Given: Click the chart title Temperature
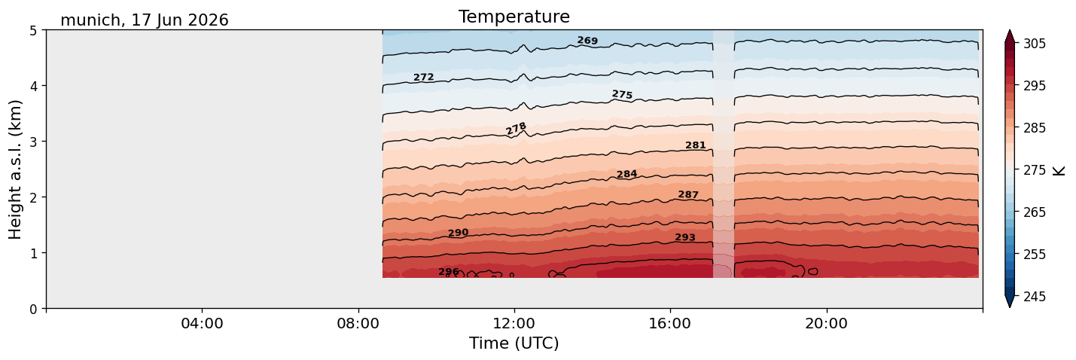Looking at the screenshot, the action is coord(514,17).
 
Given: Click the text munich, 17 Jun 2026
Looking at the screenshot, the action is coord(145,20).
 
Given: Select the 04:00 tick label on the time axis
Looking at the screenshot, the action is coord(203,323).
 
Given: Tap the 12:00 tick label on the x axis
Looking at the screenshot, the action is coord(514,323).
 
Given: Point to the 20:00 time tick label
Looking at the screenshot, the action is coord(826,323).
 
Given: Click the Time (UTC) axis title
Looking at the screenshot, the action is coord(514,343).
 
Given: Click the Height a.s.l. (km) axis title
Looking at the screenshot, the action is coord(15,169).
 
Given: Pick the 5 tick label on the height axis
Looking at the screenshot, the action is coord(34,31).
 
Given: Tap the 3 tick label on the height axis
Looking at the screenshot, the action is coord(34,142).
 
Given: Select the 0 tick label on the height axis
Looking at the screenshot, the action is coord(34,309).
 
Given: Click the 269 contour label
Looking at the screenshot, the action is coord(587,41).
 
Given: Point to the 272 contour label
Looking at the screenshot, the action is coord(424,77).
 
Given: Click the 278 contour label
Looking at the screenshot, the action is coord(517,129).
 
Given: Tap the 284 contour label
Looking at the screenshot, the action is coord(627,174).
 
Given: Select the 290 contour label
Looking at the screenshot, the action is coord(459,233).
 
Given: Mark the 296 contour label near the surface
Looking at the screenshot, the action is coord(449,272).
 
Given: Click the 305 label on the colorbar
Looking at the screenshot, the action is coord(1035,44).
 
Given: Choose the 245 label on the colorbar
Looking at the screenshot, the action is coord(1035,297).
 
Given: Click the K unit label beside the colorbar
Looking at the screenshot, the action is coord(1059,171).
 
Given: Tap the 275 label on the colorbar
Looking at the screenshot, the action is coord(1035,171).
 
